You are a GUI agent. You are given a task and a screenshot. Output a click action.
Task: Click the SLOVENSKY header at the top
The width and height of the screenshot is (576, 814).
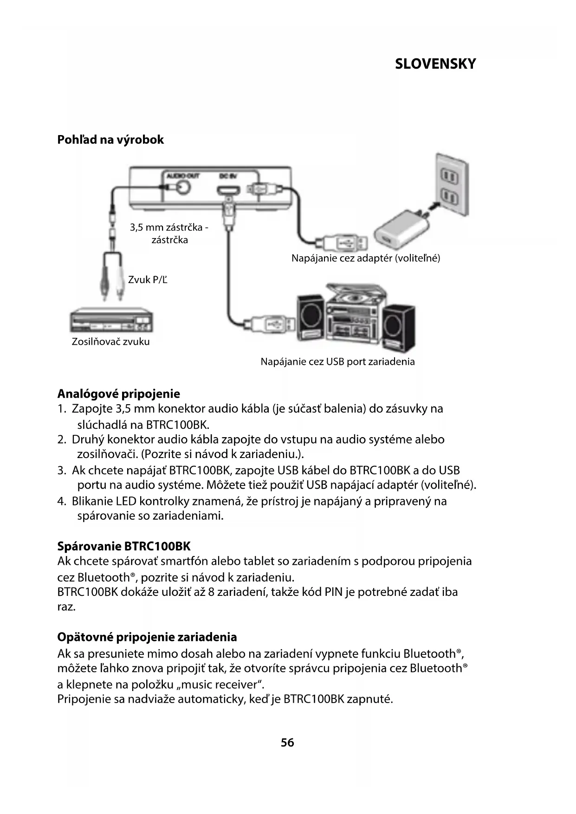point(435,64)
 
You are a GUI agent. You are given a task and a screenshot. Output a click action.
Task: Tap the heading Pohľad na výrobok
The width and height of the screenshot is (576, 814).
point(110,140)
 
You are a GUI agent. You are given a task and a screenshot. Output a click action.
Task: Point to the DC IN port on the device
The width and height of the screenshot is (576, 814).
point(227,190)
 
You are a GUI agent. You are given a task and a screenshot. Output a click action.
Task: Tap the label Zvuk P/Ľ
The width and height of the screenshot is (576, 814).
point(148,279)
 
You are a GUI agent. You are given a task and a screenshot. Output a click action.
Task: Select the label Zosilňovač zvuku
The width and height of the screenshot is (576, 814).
point(110,342)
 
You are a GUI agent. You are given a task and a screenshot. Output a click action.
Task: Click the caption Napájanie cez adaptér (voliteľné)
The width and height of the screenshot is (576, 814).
point(365,258)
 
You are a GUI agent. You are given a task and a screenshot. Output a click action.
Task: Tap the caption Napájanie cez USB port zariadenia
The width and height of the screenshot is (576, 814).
point(337,362)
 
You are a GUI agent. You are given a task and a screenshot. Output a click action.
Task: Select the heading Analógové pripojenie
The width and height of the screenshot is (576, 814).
point(118,394)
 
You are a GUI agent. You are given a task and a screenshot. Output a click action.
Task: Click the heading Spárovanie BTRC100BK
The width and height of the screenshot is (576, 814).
point(124,546)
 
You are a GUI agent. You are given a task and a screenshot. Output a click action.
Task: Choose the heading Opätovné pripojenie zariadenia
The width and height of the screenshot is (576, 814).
point(147,637)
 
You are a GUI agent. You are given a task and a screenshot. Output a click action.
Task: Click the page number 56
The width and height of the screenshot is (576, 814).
point(287,743)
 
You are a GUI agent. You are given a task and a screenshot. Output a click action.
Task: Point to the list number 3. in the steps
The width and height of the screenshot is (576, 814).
point(62,471)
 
